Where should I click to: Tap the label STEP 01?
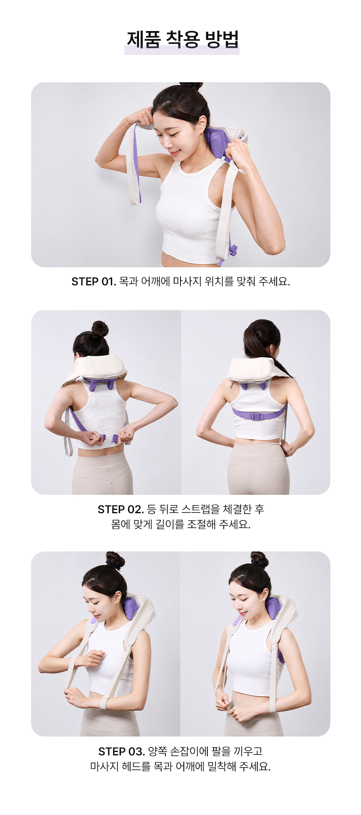[x=94, y=282]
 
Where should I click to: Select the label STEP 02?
[x=120, y=509]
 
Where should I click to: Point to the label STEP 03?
[x=121, y=751]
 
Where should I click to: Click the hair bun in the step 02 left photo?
[x=99, y=329]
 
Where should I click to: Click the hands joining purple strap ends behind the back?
[x=108, y=437]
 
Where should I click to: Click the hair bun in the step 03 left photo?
[x=115, y=560]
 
